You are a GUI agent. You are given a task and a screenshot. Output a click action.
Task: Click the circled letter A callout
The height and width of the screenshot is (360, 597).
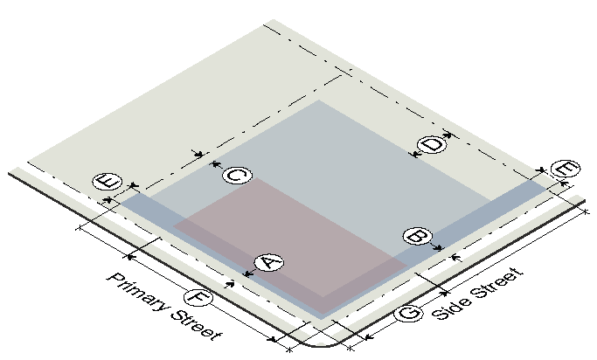[269, 263]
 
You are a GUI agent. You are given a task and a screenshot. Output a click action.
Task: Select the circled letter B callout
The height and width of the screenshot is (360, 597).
[418, 237]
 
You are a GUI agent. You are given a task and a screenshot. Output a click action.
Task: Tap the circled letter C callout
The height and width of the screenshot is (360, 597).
[237, 176]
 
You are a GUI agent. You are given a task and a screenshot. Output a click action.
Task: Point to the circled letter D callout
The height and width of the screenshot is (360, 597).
[432, 144]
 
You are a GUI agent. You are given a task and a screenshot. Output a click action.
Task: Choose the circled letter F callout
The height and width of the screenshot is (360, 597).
[198, 297]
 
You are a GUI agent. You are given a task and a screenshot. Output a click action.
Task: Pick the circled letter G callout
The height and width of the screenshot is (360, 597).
[408, 313]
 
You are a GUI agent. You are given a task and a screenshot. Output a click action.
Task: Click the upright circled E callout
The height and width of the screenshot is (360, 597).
[108, 182]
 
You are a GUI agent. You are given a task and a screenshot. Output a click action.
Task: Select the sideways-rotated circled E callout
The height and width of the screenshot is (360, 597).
[566, 169]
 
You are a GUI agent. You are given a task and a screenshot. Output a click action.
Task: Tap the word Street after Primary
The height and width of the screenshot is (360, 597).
[196, 325]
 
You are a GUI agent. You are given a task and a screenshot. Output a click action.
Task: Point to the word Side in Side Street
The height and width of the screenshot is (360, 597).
[450, 308]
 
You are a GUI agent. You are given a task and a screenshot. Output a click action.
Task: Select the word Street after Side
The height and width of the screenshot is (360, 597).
[496, 282]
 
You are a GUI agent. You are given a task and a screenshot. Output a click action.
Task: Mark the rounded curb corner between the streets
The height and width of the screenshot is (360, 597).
[321, 345]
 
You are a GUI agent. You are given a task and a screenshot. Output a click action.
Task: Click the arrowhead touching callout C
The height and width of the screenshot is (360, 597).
[216, 164]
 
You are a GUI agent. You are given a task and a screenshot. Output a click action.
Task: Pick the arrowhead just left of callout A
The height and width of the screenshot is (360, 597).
[248, 273]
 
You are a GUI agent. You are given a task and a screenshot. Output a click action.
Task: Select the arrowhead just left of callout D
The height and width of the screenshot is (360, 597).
[413, 154]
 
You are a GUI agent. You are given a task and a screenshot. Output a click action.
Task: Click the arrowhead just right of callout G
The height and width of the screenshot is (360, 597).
[443, 294]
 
